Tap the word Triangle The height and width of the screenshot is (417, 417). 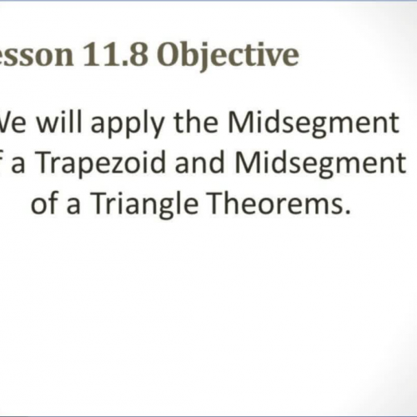click(x=142, y=204)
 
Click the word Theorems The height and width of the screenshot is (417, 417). click(x=272, y=203)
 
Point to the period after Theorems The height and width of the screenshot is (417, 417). click(x=341, y=212)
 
